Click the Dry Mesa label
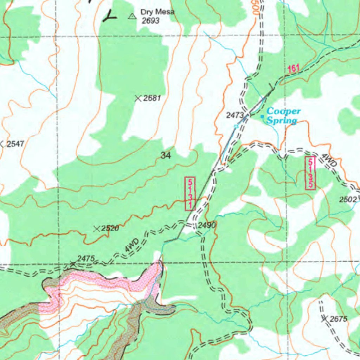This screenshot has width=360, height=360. point(157,12)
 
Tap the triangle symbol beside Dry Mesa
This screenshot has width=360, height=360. point(132,16)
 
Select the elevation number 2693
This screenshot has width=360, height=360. point(150,21)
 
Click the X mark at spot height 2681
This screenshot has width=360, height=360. point(138,98)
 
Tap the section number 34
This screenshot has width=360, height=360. point(166,155)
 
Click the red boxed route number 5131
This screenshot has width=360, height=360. point(190,194)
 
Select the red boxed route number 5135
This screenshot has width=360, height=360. point(310,173)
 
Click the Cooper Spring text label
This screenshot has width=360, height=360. point(282,116)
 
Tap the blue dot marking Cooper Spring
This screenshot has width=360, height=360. point(262,116)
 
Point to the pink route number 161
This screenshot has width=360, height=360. point(293,69)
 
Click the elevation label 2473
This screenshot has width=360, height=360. point(234,115)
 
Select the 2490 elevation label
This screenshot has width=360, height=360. point(207,225)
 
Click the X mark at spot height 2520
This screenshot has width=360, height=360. point(97,229)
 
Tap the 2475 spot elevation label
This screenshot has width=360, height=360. point(86,259)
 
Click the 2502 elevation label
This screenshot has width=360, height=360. point(348,200)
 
